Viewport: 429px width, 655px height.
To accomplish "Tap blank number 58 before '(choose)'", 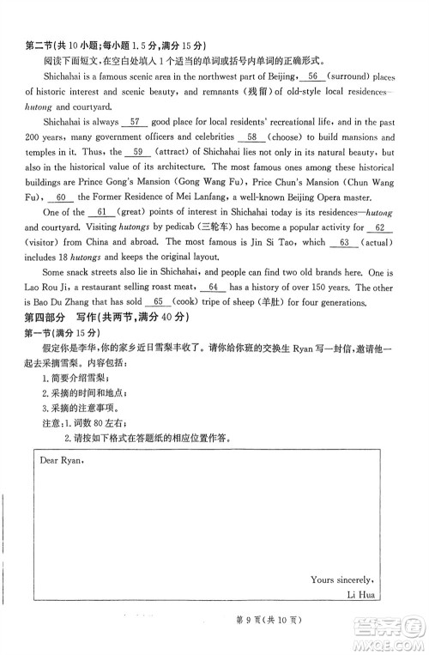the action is pos(251,137).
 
